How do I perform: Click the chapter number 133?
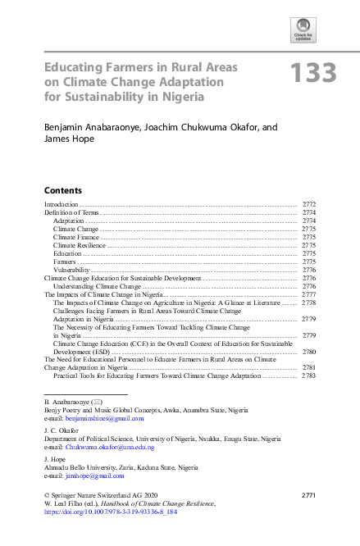pyautogui.click(x=312, y=73)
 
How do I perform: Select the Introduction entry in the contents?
pyautogui.click(x=61, y=203)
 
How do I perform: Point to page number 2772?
pyautogui.click(x=309, y=203)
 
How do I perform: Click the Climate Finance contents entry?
pyautogui.click(x=76, y=237)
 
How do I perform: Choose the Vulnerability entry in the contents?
pyautogui.click(x=71, y=270)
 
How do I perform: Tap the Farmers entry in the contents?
pyautogui.click(x=66, y=262)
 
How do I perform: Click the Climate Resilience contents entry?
pyautogui.click(x=80, y=245)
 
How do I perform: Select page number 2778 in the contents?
pyautogui.click(x=309, y=303)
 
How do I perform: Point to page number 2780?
pyautogui.click(x=309, y=351)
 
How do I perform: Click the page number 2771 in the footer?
pyautogui.click(x=308, y=496)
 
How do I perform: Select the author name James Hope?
pyautogui.click(x=66, y=139)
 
